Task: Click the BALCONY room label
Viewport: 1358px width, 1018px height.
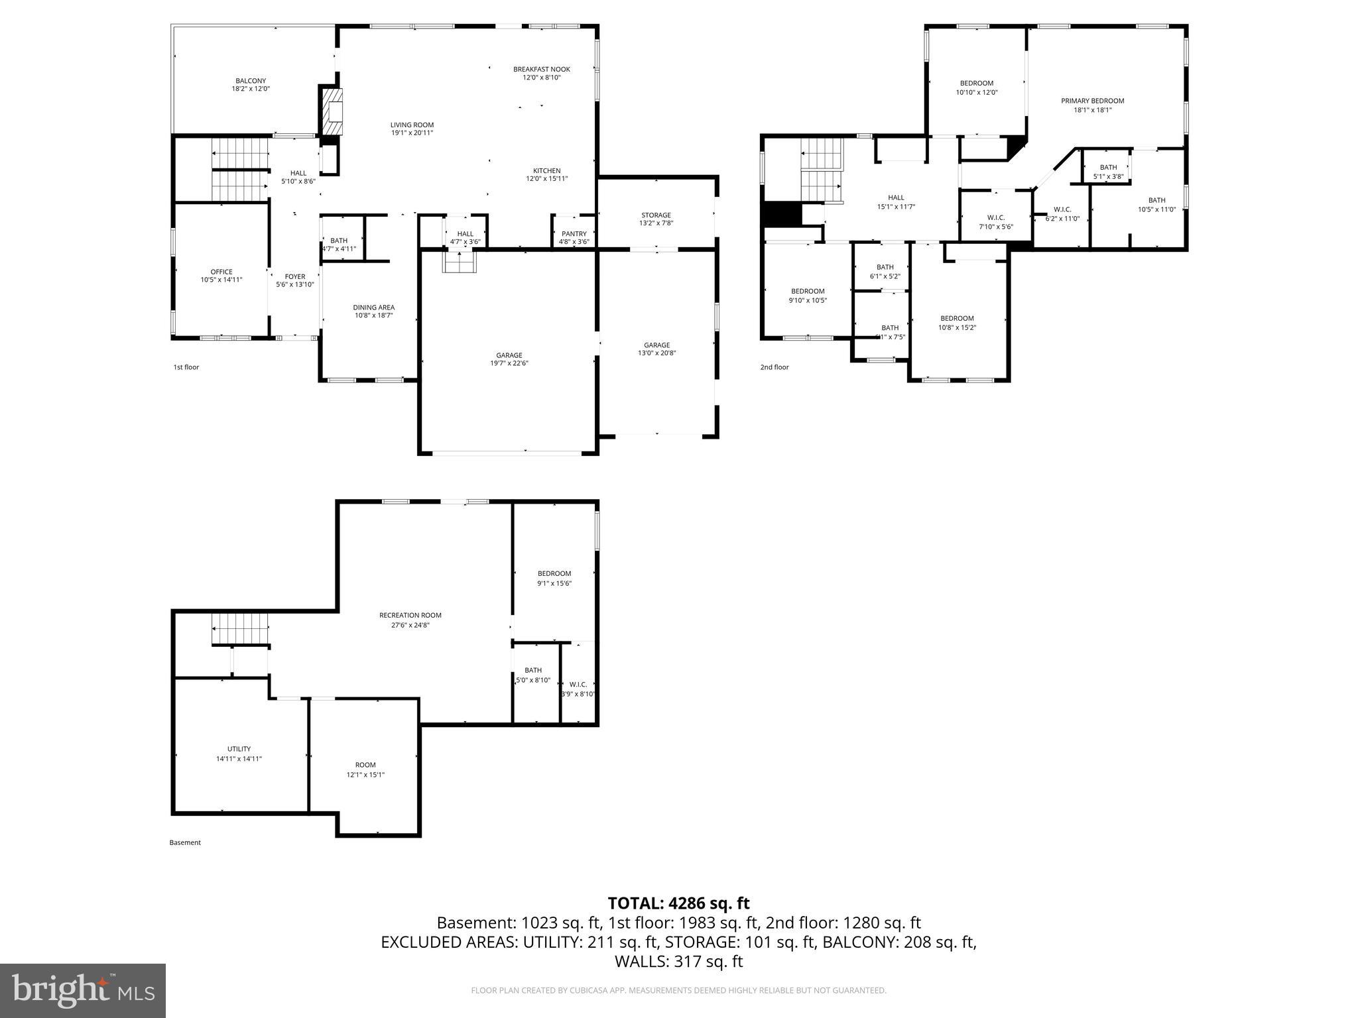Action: (251, 81)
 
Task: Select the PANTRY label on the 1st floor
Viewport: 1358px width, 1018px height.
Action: (574, 234)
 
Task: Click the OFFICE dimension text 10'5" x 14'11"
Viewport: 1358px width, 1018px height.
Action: (221, 280)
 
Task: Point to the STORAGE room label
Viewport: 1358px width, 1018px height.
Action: (656, 215)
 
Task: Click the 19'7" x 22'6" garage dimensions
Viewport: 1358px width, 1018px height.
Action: (509, 363)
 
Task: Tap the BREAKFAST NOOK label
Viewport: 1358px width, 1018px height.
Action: (541, 69)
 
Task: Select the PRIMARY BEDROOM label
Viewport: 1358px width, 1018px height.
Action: (1092, 101)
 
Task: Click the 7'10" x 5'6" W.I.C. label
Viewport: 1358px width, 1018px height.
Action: (996, 217)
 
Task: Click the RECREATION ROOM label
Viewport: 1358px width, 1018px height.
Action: (410, 615)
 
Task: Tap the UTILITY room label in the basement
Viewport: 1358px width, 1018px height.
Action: (239, 749)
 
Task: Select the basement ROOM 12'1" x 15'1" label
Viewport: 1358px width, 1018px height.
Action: (365, 765)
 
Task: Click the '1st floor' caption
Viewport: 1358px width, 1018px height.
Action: (186, 367)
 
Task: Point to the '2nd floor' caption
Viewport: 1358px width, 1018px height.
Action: (774, 367)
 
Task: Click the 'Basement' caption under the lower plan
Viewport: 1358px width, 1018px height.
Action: (185, 842)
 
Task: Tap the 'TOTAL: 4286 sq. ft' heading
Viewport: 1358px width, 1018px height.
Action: (678, 903)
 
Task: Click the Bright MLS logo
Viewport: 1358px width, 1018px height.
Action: (83, 990)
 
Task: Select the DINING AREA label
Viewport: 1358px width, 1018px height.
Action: (373, 308)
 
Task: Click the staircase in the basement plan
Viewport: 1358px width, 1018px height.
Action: (241, 628)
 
